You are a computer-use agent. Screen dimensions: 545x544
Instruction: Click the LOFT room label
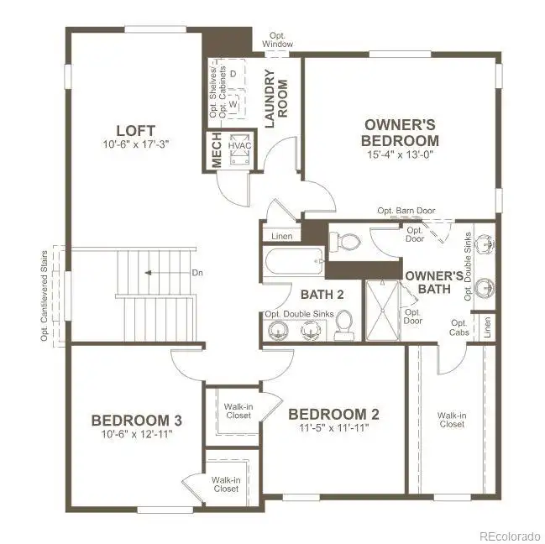tap(135, 131)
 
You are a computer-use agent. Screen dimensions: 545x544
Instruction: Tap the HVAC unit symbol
tap(240, 149)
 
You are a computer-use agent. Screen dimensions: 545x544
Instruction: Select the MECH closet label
tap(216, 149)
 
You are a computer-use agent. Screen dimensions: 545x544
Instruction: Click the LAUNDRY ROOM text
tap(276, 99)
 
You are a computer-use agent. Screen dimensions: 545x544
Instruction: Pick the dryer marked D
tap(233, 74)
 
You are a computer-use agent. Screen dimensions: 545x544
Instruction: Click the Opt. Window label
tap(277, 40)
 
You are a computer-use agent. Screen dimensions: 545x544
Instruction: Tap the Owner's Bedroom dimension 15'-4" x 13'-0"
tap(400, 154)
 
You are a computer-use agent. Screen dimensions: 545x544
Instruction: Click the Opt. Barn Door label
tap(406, 211)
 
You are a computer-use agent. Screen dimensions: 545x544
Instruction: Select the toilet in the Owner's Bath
tap(344, 242)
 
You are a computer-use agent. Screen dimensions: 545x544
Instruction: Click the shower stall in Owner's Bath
tap(382, 311)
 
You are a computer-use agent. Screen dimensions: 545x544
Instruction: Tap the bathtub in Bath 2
tap(294, 262)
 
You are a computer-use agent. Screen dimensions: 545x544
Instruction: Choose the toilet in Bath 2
tap(344, 325)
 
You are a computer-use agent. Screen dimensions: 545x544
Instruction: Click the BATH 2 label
tap(322, 295)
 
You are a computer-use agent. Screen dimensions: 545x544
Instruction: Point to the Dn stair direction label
tap(197, 273)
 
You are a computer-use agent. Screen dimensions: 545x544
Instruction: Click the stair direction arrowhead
tap(148, 273)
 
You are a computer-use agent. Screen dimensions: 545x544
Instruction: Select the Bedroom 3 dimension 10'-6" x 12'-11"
tap(137, 434)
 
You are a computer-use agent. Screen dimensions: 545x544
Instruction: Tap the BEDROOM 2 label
tap(333, 414)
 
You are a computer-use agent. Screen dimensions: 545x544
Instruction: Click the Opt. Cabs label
tap(459, 328)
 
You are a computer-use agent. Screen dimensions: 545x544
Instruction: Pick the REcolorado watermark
tap(510, 536)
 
